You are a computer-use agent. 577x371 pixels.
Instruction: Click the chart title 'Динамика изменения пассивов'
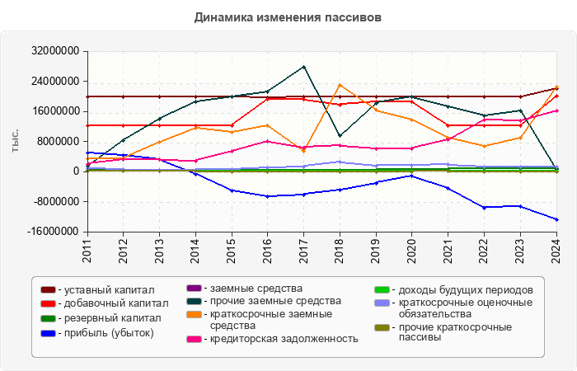(288, 16)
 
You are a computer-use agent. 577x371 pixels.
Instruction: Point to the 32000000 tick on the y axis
(56, 51)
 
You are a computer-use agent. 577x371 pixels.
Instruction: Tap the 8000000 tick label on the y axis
(59, 142)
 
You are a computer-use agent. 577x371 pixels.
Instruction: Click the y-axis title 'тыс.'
(16, 142)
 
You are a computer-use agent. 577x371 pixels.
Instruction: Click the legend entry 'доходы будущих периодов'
(462, 290)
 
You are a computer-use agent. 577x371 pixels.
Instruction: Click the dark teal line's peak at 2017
(303, 67)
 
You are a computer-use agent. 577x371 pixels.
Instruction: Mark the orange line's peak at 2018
(340, 85)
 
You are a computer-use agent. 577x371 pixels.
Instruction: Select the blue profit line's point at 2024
(556, 220)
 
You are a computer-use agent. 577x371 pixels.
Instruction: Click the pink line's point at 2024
(556, 110)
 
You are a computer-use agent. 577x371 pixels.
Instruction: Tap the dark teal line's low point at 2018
(340, 136)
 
